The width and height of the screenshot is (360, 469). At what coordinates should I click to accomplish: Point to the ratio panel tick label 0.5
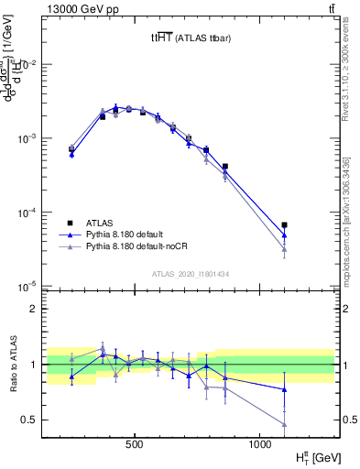[38, 420]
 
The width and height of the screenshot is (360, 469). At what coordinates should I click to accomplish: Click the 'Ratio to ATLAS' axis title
[12, 364]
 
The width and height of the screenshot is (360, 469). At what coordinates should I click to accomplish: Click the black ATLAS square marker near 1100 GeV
[285, 224]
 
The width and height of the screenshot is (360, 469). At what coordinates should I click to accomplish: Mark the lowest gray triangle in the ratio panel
[285, 424]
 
